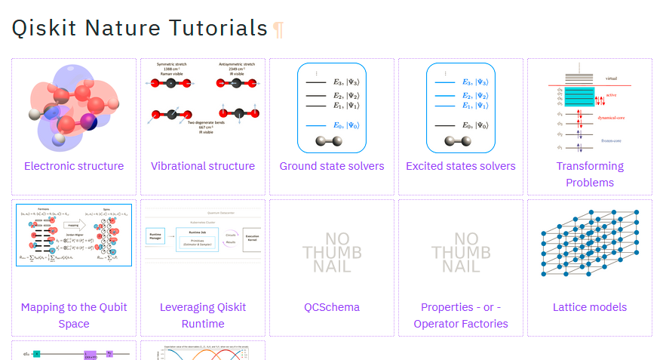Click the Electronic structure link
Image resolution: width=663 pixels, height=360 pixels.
click(74, 166)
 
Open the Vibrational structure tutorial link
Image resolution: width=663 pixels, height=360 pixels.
click(203, 166)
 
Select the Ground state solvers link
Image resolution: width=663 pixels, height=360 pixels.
click(332, 166)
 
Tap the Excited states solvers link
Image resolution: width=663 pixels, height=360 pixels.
click(461, 166)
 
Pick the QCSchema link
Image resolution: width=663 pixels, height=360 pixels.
click(332, 307)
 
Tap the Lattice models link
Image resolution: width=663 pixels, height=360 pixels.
click(590, 307)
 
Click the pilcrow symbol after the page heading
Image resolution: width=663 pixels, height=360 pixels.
click(278, 29)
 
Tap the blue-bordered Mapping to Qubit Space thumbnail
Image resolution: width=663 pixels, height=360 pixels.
click(74, 235)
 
